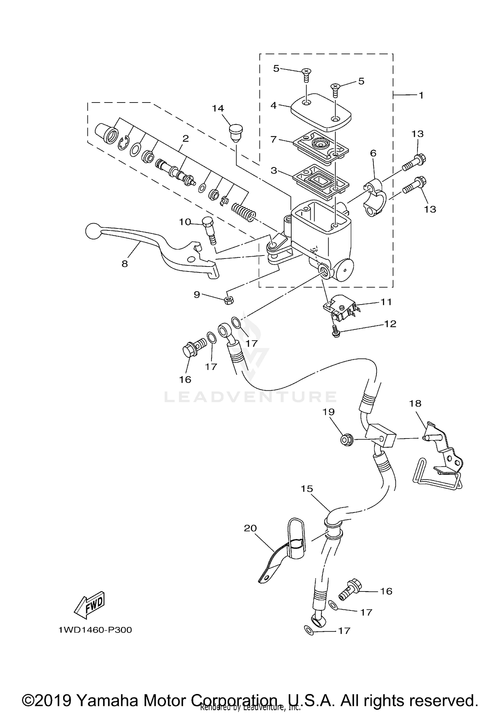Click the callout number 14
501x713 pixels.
(218, 108)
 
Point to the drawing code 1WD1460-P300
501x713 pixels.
(95, 630)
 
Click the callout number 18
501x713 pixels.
(415, 403)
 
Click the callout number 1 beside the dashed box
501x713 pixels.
(421, 95)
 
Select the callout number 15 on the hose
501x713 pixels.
(307, 489)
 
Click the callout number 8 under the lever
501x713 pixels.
(125, 264)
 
